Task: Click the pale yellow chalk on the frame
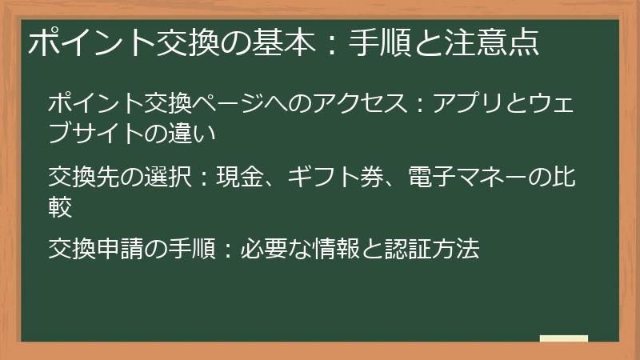[x=564, y=338]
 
